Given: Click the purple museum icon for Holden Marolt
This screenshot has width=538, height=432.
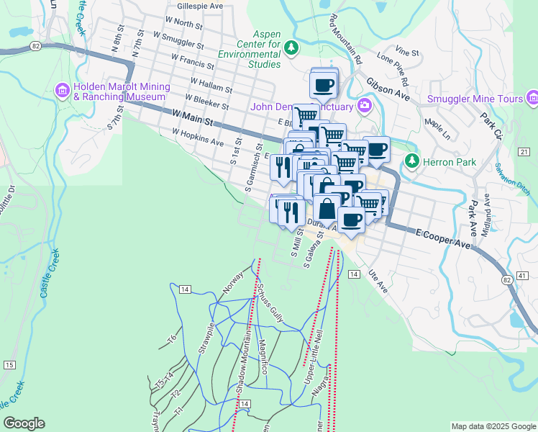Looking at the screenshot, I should click(x=62, y=91).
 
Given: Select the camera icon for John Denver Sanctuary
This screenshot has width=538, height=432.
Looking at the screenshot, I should click(x=365, y=107).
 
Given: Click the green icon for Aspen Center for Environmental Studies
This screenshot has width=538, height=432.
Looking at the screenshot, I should click(x=291, y=48).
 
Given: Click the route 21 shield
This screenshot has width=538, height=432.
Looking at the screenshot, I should click(x=523, y=151).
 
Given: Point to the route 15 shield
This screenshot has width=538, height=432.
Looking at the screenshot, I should click(x=9, y=365).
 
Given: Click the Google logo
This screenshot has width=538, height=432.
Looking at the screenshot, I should click(x=24, y=423).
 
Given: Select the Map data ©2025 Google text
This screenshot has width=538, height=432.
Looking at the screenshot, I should click(x=492, y=426).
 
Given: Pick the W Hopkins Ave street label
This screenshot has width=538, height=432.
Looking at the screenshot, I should click(x=198, y=138).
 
